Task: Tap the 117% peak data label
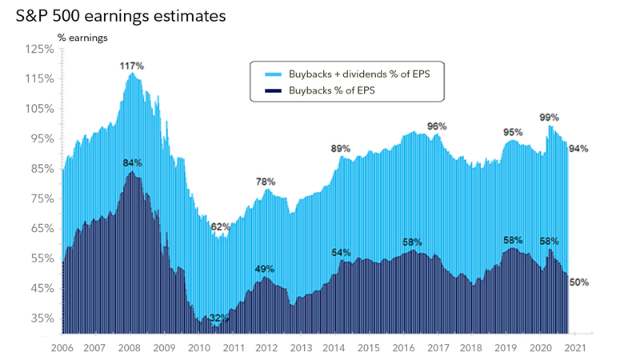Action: [x=131, y=65]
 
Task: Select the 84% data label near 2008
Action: [x=132, y=163]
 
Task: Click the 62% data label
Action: [x=220, y=227]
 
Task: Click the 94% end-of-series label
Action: [x=578, y=148]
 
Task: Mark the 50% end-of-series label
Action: [x=578, y=282]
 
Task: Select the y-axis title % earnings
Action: [x=82, y=37]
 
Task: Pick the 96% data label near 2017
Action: [x=437, y=126]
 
